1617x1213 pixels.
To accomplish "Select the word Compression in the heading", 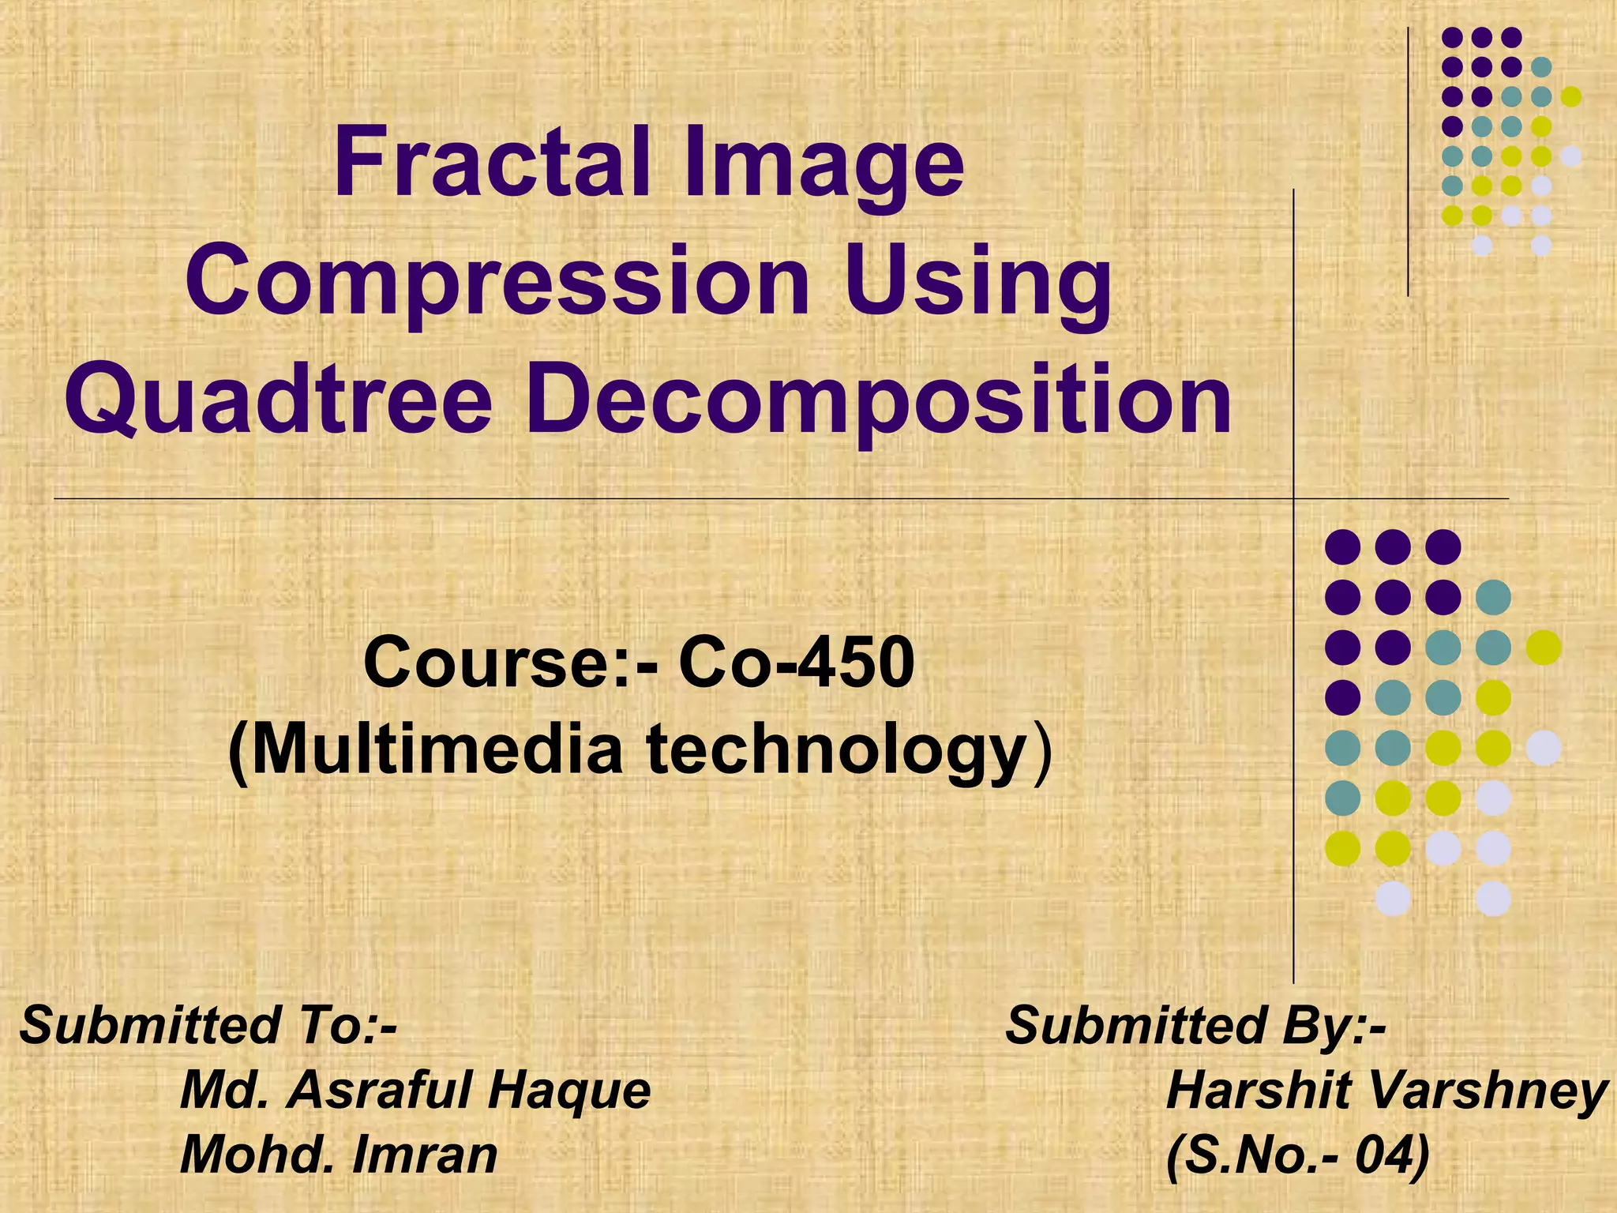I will (x=497, y=283).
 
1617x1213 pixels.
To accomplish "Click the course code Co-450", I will (x=797, y=663).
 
